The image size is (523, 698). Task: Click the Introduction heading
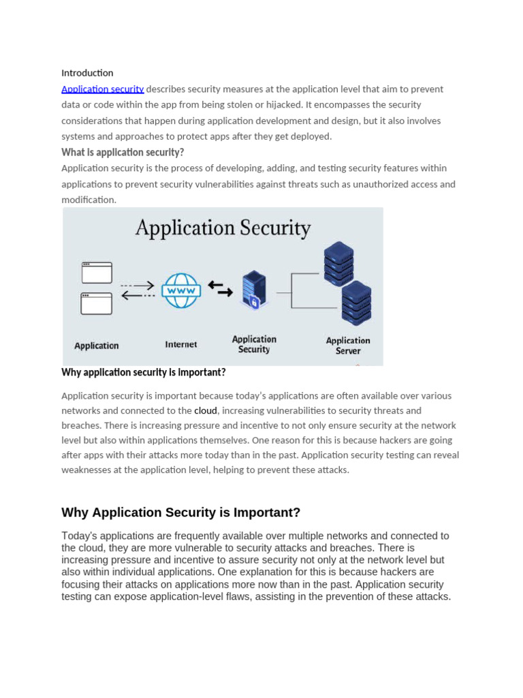click(x=87, y=73)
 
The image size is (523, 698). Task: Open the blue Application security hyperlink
click(x=102, y=89)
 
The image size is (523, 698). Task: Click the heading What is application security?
click(x=123, y=152)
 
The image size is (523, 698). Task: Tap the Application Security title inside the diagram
click(x=223, y=228)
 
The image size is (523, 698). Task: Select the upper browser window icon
click(x=97, y=273)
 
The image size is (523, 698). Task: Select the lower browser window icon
click(x=97, y=303)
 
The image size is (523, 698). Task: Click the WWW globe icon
click(x=180, y=290)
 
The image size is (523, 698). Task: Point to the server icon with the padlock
click(x=253, y=290)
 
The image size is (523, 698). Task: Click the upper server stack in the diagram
click(x=338, y=263)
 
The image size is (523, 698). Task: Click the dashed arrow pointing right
click(x=138, y=285)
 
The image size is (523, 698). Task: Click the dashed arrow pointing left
click(x=138, y=296)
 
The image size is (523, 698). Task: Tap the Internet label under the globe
click(x=180, y=345)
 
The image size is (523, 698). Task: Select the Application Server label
click(x=348, y=346)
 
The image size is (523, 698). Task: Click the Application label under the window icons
click(x=97, y=346)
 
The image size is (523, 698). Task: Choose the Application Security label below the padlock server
click(x=254, y=344)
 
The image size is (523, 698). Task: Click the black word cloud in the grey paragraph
click(x=206, y=411)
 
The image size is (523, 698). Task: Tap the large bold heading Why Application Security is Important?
click(x=180, y=513)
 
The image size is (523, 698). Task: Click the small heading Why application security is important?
click(x=143, y=373)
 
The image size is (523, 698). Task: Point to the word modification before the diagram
click(x=89, y=200)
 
